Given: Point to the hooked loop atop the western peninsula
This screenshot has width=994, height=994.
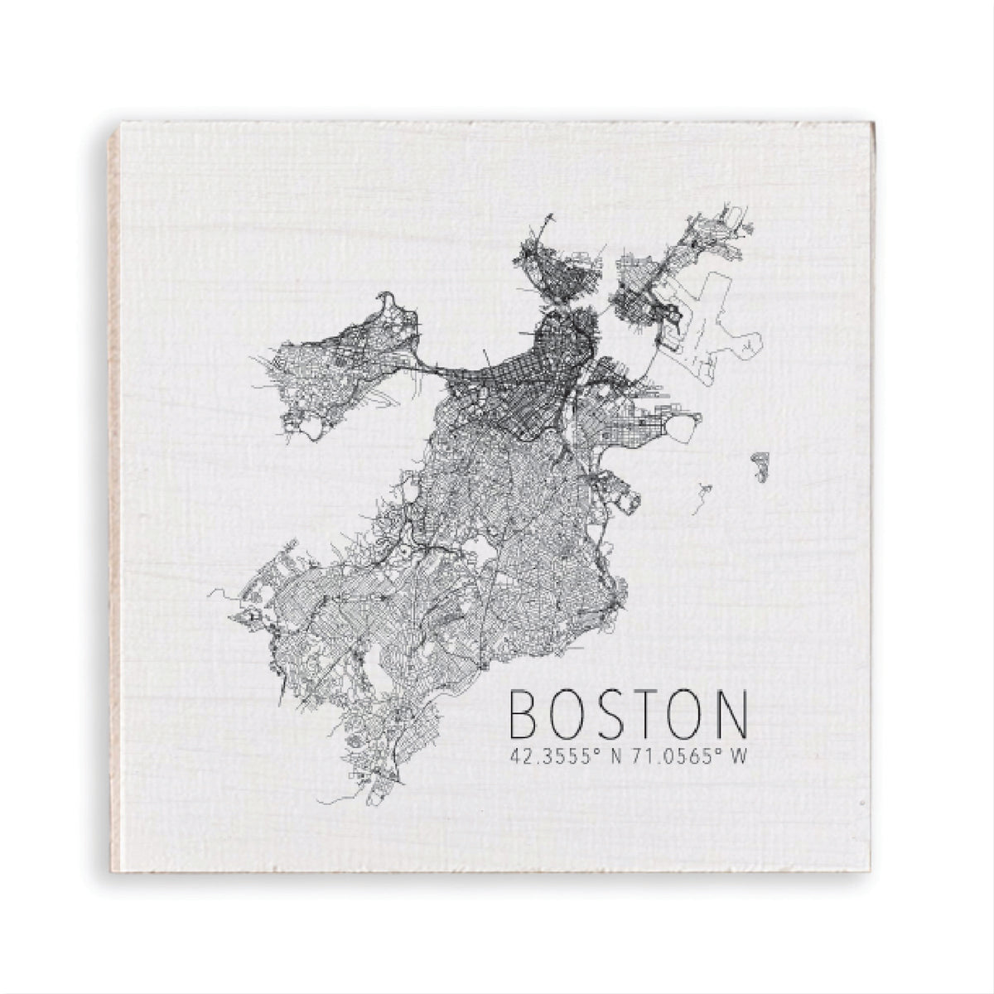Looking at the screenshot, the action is (x=386, y=300).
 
